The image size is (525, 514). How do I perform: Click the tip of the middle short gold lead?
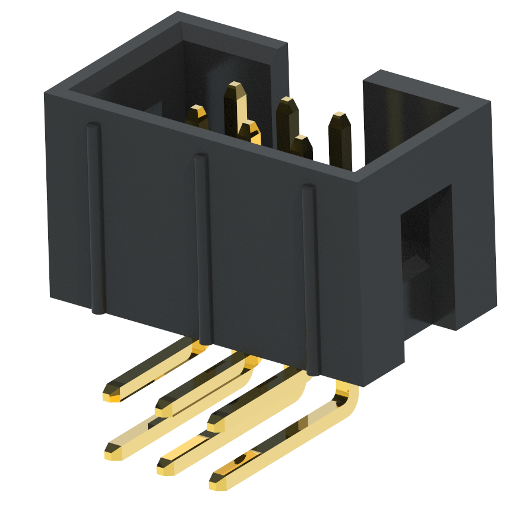(163, 408)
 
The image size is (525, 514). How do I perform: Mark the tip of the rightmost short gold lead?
(216, 424)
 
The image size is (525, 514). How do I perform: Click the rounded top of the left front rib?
(93, 126)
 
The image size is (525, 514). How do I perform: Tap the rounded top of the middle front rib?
(201, 158)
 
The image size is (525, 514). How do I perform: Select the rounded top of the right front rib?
(308, 189)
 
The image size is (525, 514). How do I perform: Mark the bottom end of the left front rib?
(99, 310)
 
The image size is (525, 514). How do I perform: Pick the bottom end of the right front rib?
(314, 373)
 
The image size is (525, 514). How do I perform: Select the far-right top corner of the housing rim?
(491, 101)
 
